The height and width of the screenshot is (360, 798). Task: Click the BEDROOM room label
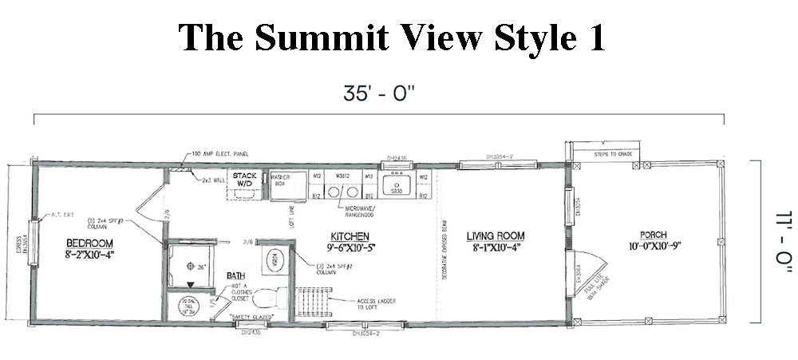89,244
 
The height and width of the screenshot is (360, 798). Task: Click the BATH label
235,275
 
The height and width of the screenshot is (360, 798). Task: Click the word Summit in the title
319,37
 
